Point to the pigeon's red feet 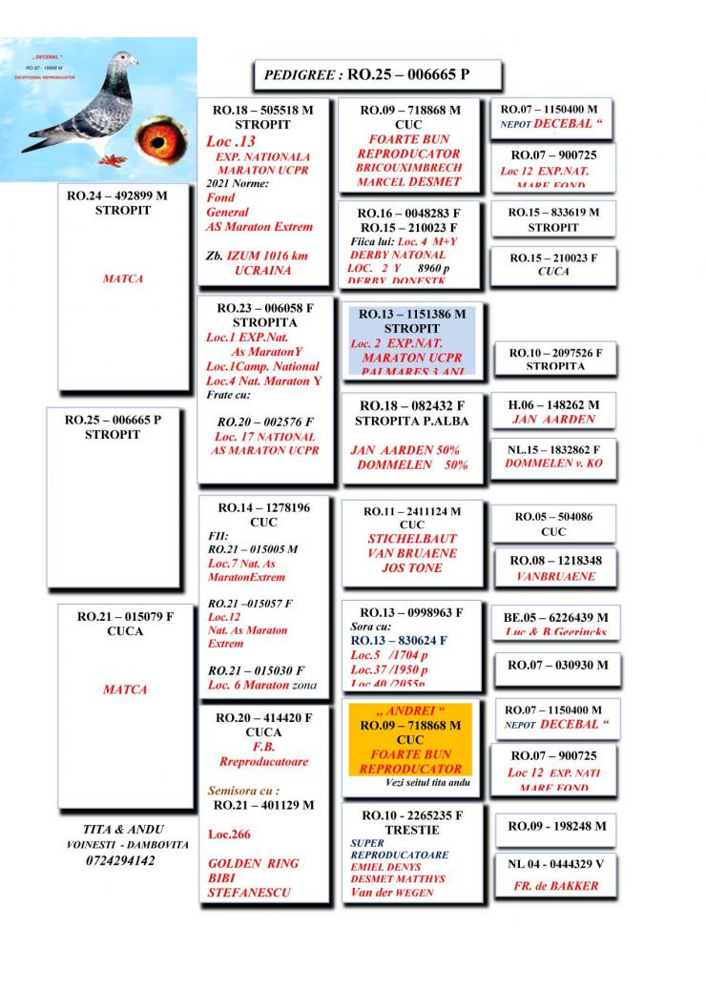112,157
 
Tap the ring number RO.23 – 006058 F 265,309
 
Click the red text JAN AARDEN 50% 405,450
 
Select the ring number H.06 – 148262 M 553,404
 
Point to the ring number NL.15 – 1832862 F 553,448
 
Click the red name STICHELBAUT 412,539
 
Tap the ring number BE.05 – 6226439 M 555,617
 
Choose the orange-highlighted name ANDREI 410,711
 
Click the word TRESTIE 412,830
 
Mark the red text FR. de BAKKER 554,885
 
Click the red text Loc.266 228,834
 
